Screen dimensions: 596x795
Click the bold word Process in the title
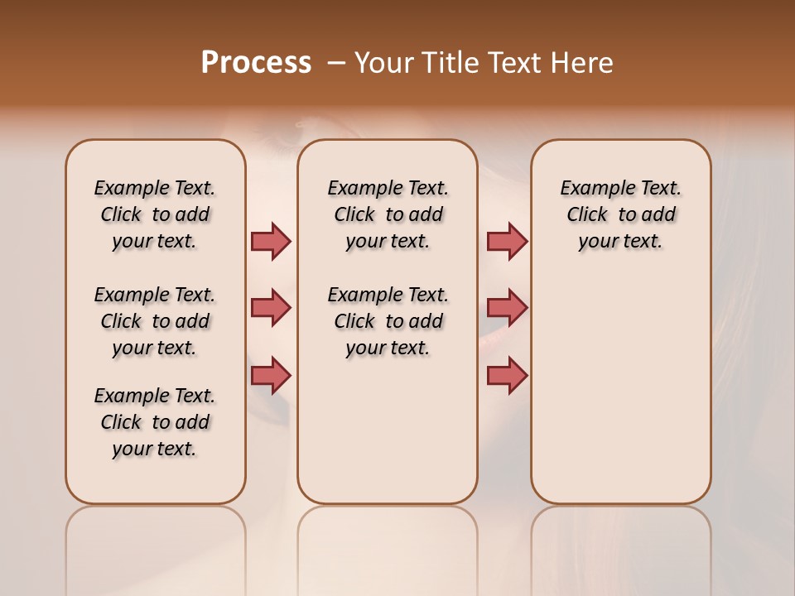(256, 63)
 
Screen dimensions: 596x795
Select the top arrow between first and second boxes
(271, 242)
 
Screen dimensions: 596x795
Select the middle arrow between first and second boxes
(271, 309)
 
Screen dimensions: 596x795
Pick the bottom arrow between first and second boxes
(271, 376)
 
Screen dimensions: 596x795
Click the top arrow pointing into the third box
(507, 242)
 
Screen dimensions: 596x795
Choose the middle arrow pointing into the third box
(507, 309)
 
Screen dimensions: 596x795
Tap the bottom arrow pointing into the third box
(507, 376)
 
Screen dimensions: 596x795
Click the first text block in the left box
(155, 214)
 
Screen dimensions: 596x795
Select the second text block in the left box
(155, 321)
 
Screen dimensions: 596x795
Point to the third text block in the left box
(155, 422)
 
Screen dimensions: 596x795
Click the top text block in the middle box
(388, 214)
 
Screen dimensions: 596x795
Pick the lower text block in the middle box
(388, 321)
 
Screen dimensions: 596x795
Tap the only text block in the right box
(621, 214)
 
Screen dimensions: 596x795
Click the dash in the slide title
(336, 63)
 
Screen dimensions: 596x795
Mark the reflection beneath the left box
(155, 538)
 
